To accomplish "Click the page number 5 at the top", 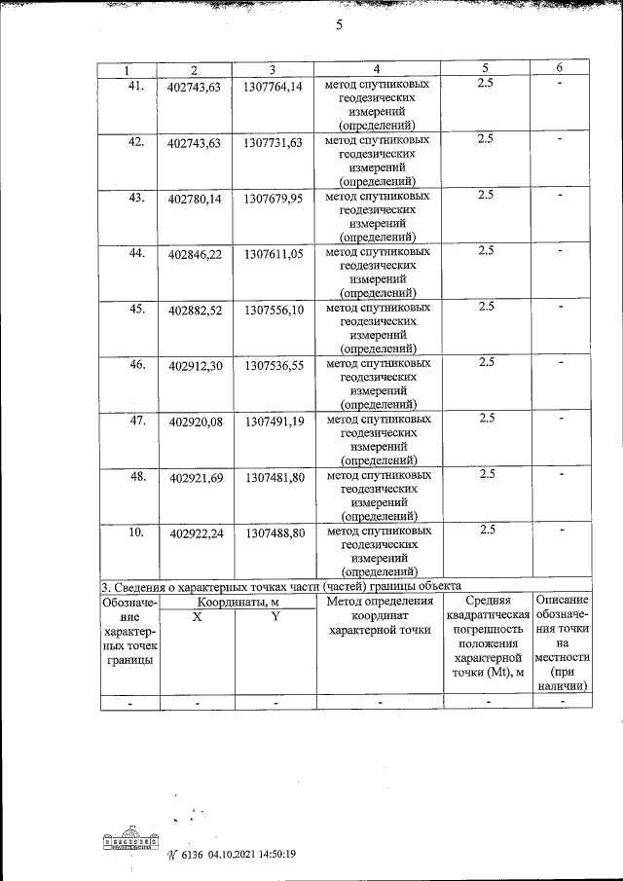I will (338, 27).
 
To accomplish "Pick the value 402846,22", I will (195, 255).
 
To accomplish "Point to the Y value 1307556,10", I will (275, 311).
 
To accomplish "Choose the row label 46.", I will (136, 364).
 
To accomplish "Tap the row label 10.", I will (136, 531).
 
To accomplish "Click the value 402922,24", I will (195, 533).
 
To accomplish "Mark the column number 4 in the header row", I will (376, 68).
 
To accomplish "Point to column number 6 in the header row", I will (559, 68).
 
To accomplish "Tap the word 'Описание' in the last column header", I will (562, 601).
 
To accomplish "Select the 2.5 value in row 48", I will (487, 474).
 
